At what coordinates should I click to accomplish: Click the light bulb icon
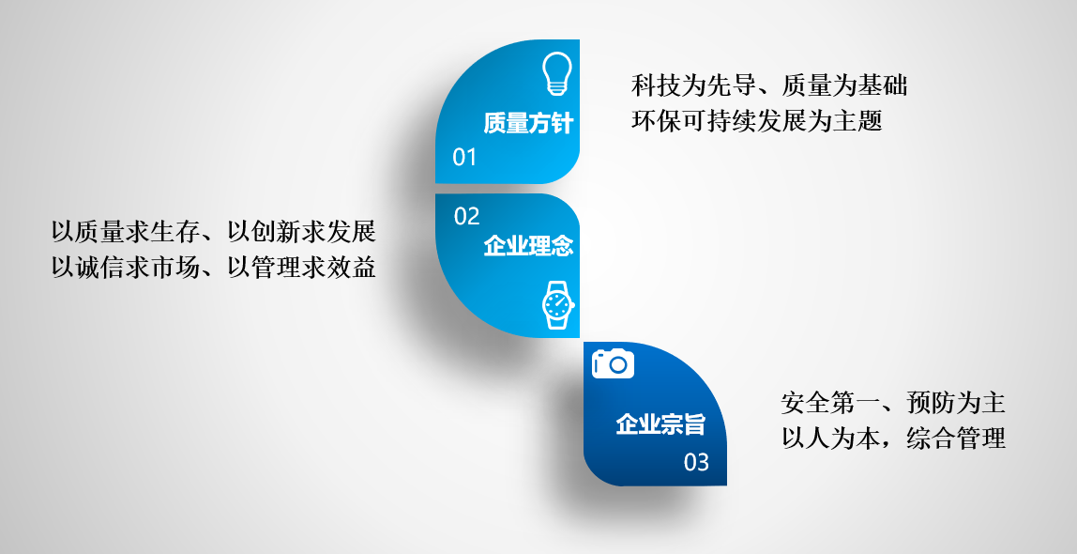[556, 73]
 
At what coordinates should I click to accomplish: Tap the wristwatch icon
[557, 304]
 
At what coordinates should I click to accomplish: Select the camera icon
[613, 363]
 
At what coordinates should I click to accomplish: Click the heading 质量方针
[527, 123]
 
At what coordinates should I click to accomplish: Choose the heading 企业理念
[527, 245]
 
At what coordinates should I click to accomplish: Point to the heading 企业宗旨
[660, 423]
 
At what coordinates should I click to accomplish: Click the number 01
[464, 158]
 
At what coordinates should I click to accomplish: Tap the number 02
[466, 217]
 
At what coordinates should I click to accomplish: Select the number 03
[696, 462]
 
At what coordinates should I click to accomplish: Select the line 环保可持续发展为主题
[756, 121]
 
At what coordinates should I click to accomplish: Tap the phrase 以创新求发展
[301, 232]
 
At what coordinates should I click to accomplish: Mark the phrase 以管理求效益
[301, 268]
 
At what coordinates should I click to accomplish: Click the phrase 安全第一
[831, 403]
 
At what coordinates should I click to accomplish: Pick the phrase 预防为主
[956, 403]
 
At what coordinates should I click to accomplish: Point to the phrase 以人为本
[831, 439]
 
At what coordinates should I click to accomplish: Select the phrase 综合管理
[956, 439]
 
